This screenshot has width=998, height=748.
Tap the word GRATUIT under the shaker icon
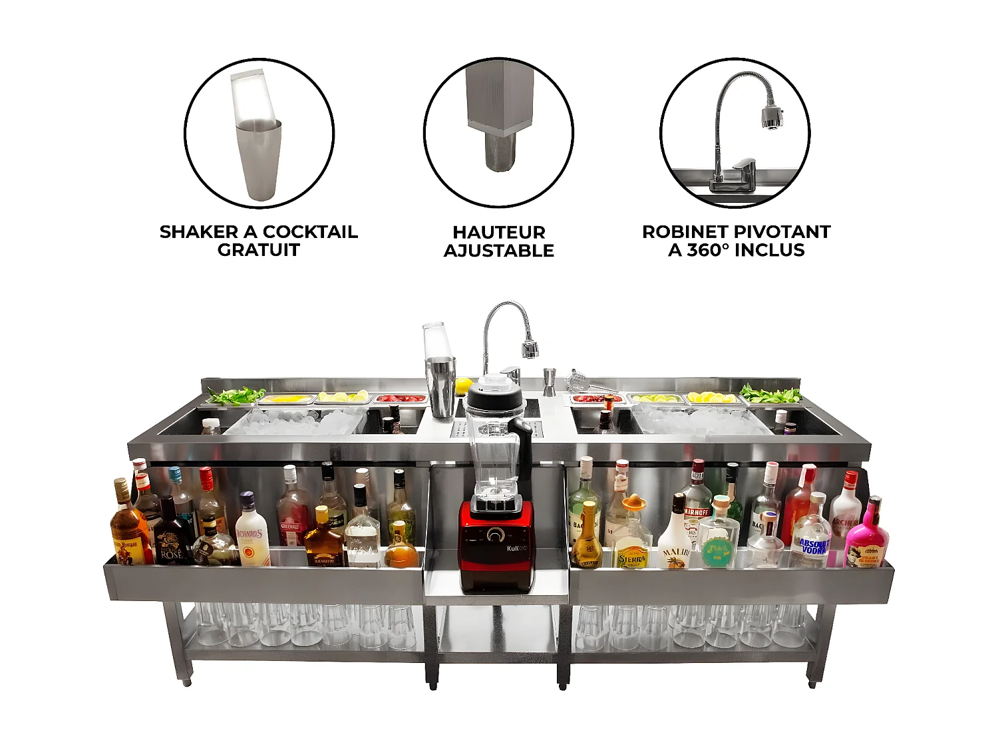click(258, 250)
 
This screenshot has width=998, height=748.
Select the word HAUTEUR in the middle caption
click(499, 232)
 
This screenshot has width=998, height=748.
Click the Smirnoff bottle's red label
click(696, 513)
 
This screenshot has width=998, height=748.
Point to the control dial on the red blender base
click(495, 535)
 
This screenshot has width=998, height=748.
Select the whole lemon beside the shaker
click(463, 385)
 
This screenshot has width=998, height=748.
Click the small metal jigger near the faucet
click(550, 382)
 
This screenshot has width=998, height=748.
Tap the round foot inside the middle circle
click(500, 152)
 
